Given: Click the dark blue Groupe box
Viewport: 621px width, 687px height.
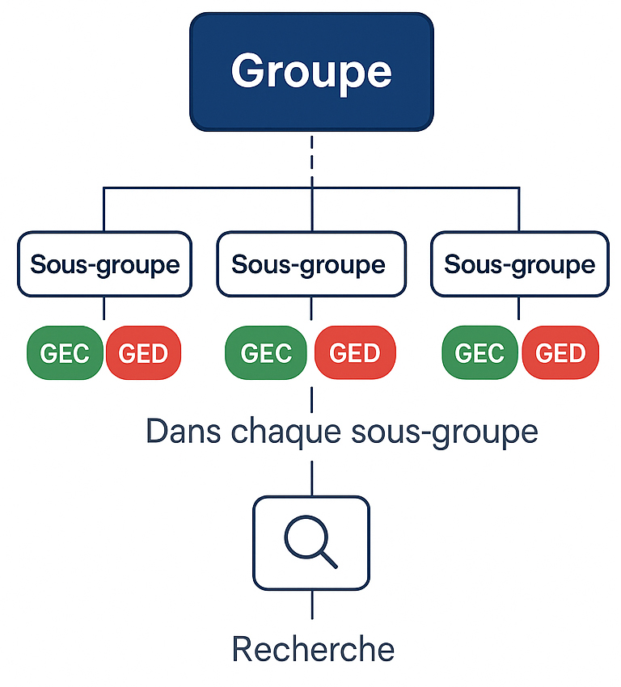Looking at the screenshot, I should pos(311,71).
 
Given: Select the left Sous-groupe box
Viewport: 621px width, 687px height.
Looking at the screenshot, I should pos(104,264).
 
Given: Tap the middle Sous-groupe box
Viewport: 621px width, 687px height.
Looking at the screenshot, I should pos(310,264).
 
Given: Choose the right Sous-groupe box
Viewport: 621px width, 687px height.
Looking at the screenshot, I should pos(519,264).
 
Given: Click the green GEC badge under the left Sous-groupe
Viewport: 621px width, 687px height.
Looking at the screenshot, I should pos(65,353).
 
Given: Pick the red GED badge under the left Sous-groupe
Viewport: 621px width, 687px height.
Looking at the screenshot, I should pos(143,353).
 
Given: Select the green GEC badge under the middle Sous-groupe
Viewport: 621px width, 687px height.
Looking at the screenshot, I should pos(265,353).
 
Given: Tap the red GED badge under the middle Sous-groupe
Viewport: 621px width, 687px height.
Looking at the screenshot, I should pos(355,353).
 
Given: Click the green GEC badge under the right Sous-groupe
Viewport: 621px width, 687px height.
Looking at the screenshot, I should pos(480,353).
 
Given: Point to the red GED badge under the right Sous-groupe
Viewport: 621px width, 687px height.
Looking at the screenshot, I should pos(560,353).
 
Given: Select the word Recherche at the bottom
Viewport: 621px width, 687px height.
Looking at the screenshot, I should pos(312,649).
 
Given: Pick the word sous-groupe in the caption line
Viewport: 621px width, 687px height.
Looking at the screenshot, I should pos(446,433).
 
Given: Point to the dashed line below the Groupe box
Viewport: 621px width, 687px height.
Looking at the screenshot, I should pos(311,158).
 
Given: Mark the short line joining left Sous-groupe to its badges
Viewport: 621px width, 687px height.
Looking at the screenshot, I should pos(104,310).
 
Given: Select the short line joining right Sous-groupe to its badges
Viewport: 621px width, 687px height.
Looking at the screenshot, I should pos(519,310).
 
